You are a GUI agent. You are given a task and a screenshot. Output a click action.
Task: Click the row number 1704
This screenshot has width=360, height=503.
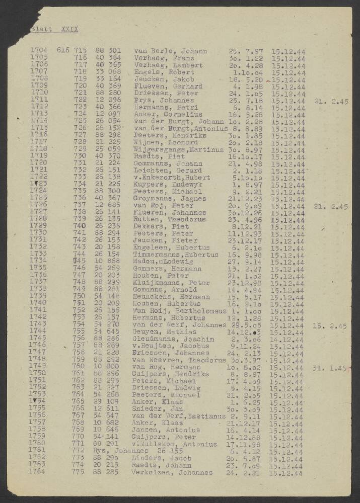(x=39, y=51)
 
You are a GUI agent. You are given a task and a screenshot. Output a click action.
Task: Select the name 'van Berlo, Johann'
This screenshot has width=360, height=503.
(x=171, y=51)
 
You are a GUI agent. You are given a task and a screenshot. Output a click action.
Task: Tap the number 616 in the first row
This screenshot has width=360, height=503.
(x=63, y=51)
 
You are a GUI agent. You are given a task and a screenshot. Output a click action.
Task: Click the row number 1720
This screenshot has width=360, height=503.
(x=39, y=163)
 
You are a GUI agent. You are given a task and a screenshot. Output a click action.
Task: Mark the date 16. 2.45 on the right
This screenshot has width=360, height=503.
(x=330, y=326)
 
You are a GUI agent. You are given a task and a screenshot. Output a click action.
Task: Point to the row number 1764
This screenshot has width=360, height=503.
(x=39, y=472)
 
